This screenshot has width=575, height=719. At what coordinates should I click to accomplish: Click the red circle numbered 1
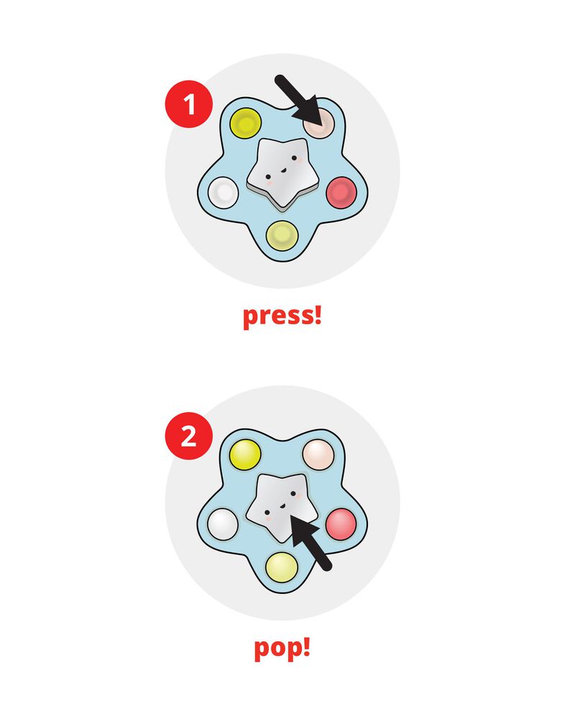coord(189,106)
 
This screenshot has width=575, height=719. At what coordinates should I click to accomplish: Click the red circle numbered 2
coord(188,436)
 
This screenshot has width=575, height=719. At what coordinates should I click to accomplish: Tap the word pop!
coord(282,647)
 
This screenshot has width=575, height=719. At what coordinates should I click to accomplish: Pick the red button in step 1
coord(340,193)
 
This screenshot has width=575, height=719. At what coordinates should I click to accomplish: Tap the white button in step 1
coord(223,192)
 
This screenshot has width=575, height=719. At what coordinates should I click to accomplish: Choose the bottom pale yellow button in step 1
coord(282,234)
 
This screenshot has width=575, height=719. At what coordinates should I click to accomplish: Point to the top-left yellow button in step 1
coord(245,122)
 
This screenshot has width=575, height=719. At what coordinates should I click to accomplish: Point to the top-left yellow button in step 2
coord(244,453)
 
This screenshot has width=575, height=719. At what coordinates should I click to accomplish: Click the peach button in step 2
coord(318,453)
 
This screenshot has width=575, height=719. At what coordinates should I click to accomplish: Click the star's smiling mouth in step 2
coord(282,504)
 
